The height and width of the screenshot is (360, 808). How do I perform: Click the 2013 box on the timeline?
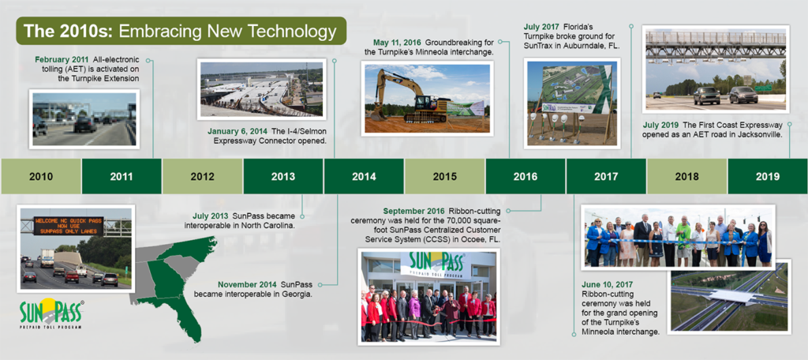tap(283, 176)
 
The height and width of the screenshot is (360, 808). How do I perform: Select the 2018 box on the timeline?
tap(687, 176)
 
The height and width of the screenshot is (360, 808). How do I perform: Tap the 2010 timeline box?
tap(41, 176)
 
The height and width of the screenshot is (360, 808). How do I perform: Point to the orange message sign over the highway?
tap(69, 226)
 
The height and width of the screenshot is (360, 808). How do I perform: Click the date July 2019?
tap(661, 126)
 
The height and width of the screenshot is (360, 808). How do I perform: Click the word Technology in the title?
tap(292, 31)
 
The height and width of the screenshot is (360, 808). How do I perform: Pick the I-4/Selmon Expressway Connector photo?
tap(261, 88)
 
